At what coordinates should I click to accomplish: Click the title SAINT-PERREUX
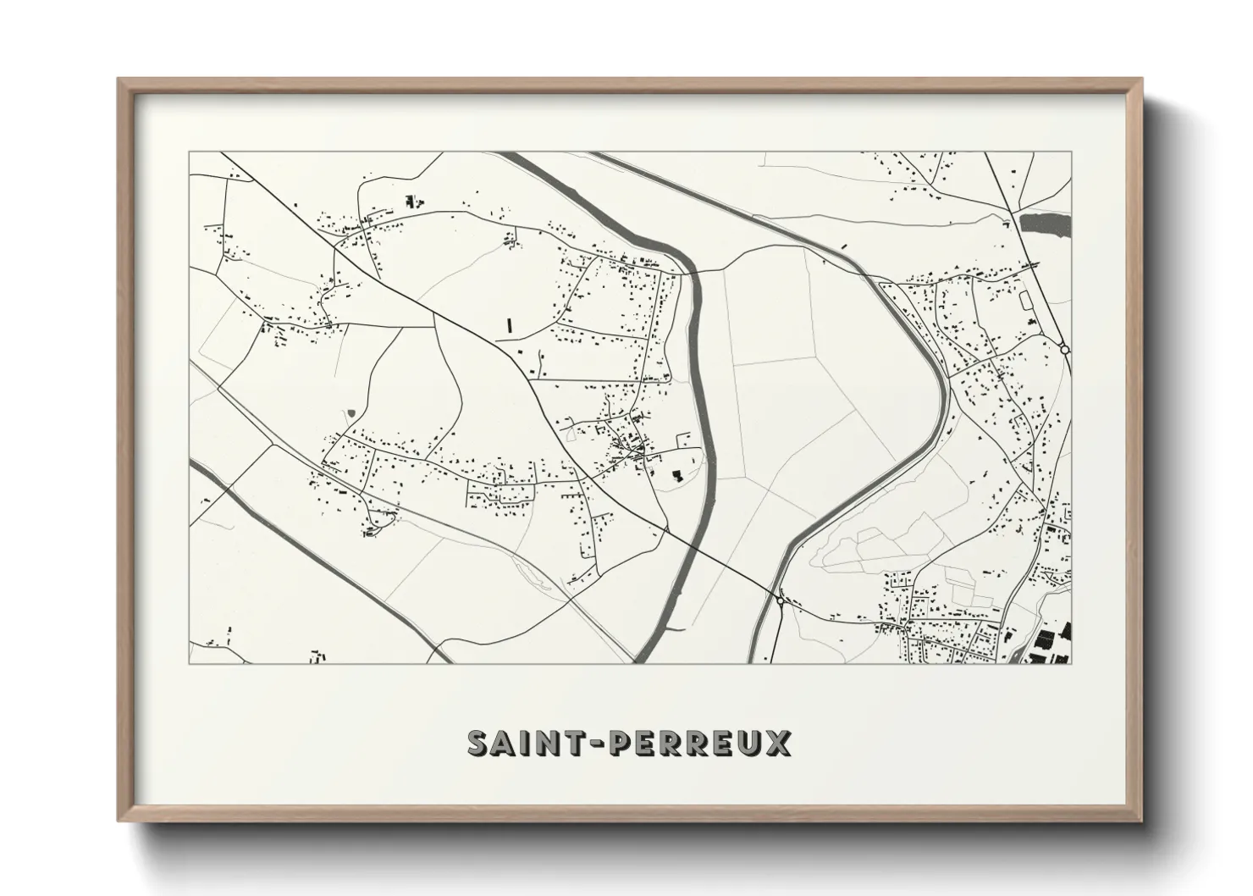(630, 743)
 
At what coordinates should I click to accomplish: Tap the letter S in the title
(480, 743)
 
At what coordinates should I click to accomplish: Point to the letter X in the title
(779, 743)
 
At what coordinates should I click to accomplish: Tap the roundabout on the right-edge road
(1064, 349)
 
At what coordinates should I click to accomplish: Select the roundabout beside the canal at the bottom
(779, 600)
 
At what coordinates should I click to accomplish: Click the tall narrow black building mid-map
(509, 324)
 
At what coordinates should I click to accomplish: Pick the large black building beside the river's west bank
(676, 475)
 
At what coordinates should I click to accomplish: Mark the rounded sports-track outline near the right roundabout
(1026, 300)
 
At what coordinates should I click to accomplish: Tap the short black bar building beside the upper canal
(843, 244)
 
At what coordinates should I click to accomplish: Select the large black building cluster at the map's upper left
(413, 202)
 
